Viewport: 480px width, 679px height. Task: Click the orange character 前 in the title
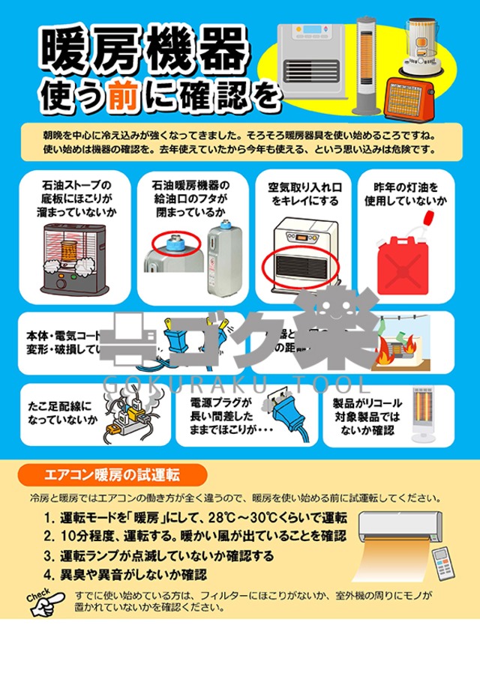118,96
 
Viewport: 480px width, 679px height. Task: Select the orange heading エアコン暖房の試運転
110,474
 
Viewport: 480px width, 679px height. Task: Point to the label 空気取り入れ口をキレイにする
304,193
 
